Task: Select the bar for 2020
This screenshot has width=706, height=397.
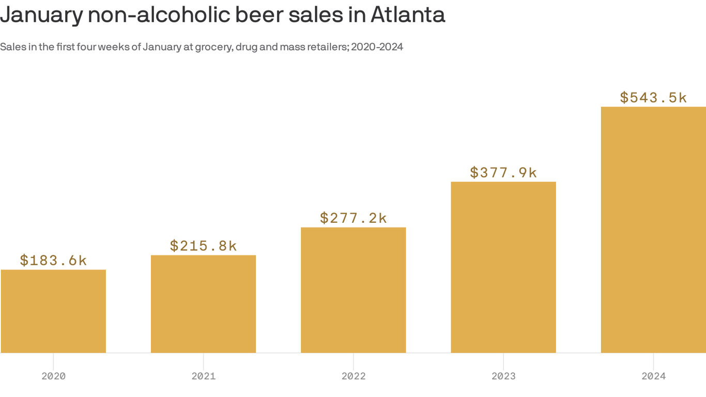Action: [x=53, y=311]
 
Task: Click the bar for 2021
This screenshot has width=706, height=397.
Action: [x=203, y=304]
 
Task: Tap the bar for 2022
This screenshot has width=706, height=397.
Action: [x=353, y=290]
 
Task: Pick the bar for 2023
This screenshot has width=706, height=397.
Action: [x=503, y=267]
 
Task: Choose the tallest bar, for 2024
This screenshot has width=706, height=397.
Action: [x=653, y=230]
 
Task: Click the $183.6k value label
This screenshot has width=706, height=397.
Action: [x=53, y=261]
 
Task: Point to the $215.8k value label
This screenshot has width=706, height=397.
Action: [x=203, y=246]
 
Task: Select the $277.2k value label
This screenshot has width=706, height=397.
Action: [x=353, y=218]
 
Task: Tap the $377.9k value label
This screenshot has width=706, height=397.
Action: [x=503, y=173]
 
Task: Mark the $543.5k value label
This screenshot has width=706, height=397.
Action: [x=653, y=98]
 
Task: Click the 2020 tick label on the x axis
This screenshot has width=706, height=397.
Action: [x=53, y=376]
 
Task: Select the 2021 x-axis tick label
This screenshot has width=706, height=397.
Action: [x=203, y=376]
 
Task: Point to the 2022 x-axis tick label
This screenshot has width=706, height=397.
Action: [x=353, y=376]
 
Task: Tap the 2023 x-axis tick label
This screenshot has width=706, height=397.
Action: [x=503, y=376]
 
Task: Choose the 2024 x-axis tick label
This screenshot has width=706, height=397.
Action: [x=653, y=376]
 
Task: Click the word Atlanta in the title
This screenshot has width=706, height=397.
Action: [x=407, y=15]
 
